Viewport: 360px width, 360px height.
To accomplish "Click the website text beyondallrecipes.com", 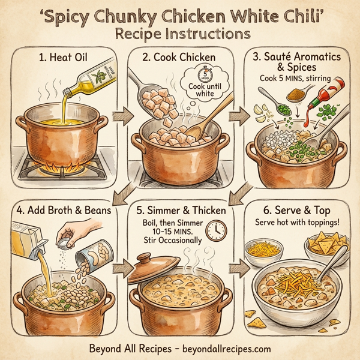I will pyautogui.click(x=222, y=348).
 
